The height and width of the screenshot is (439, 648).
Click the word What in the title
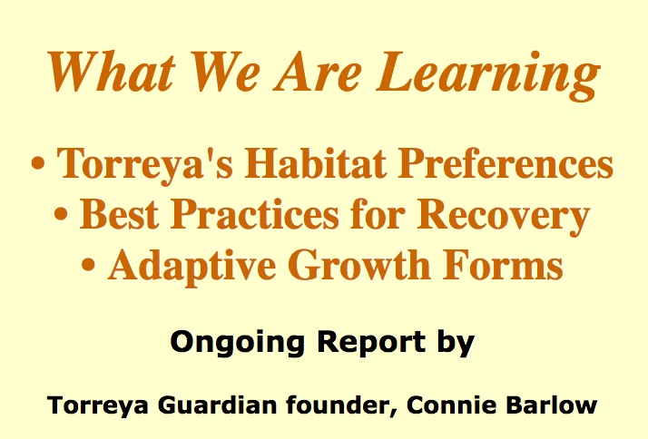pyautogui.click(x=111, y=72)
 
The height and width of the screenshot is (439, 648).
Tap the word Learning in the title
pyautogui.click(x=487, y=76)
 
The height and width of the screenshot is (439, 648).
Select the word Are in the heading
pyautogui.click(x=317, y=72)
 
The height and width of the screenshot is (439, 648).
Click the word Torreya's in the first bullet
pyautogui.click(x=145, y=164)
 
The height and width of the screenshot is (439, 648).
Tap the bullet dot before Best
pyautogui.click(x=61, y=215)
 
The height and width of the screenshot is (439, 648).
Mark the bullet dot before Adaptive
pyautogui.click(x=88, y=266)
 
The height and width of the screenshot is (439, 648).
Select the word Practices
pyautogui.click(x=254, y=213)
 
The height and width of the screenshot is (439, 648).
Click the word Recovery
pyautogui.click(x=503, y=216)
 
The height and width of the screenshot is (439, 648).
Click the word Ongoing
pyautogui.click(x=238, y=343)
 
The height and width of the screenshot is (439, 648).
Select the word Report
pyautogui.click(x=371, y=343)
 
